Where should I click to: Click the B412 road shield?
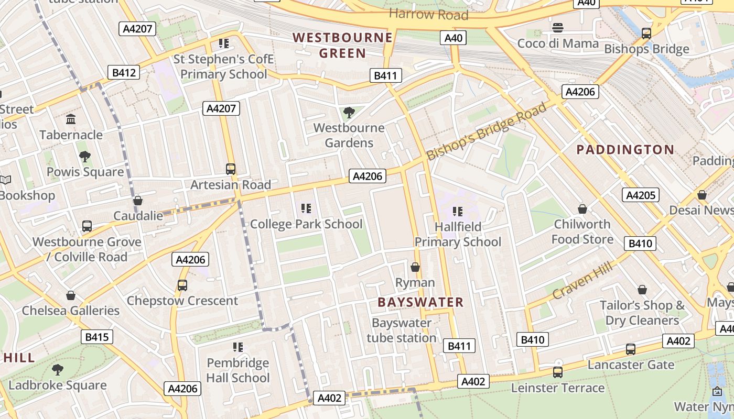pos(124,72)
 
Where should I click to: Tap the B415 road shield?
pos(96,337)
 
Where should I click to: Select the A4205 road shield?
pos(641,195)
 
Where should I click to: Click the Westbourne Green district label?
pos(342,45)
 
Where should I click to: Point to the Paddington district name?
pos(625,150)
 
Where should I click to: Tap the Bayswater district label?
pos(420,302)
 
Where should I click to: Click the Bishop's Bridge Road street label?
pos(486,132)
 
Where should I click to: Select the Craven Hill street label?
pos(582,282)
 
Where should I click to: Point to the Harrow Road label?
pos(428,14)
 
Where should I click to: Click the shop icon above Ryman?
pos(415,267)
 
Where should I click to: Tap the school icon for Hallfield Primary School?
pos(458,212)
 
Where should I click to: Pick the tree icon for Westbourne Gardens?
pos(349,112)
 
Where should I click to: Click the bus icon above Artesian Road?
pos(231,169)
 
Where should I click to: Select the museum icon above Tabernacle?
pos(71,119)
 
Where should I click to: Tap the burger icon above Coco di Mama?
pos(558,27)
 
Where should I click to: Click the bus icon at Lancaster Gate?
pos(631,349)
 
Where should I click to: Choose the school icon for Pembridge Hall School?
pos(238,347)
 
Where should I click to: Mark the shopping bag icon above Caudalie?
pos(138,201)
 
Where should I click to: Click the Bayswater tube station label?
pos(401,330)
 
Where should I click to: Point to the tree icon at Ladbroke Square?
pos(58,370)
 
